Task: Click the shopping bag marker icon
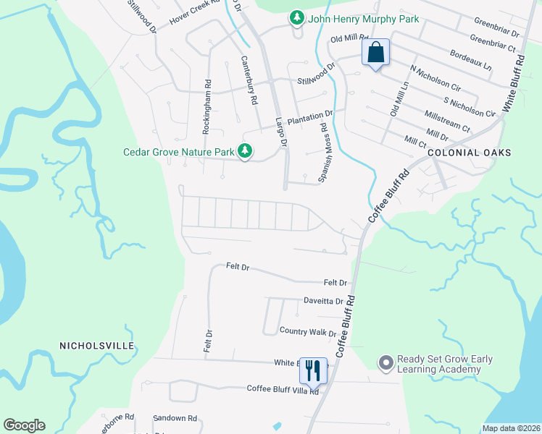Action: [376, 53]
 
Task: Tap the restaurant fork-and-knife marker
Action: [313, 370]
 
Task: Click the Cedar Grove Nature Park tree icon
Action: [246, 151]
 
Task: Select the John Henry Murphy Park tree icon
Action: [296, 18]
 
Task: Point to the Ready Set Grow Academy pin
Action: [385, 364]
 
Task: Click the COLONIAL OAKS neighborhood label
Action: [469, 153]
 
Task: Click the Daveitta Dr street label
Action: [322, 300]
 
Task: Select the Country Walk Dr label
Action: [308, 331]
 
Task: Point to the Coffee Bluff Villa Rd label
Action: [283, 389]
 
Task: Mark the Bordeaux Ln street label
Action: [470, 59]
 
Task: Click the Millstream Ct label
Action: [447, 119]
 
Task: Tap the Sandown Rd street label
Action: [175, 418]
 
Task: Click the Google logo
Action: [24, 425]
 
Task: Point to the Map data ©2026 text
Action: [511, 428]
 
